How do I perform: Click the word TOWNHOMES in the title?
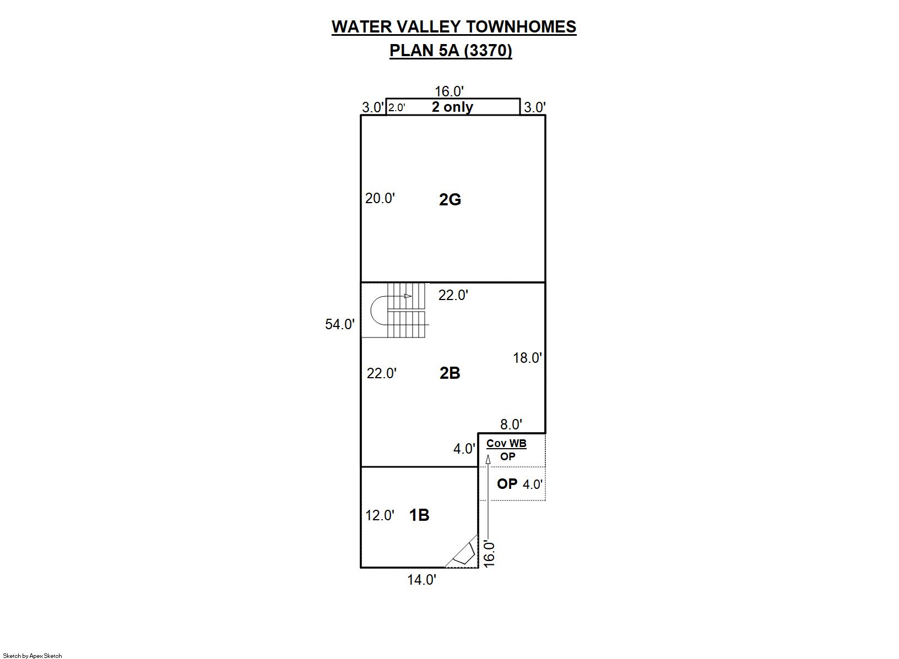[521, 27]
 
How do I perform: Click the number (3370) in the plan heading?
[490, 51]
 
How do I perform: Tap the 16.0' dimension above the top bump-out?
[450, 91]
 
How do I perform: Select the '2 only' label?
[452, 107]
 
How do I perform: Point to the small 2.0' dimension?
[397, 107]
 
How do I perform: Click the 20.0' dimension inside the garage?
[380, 198]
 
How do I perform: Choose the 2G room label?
[450, 199]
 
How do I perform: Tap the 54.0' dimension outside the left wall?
[340, 324]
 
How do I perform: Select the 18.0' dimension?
[527, 358]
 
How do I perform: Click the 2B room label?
[450, 373]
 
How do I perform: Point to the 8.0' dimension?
[511, 424]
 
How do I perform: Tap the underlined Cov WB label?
[506, 444]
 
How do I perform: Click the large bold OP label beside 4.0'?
[507, 484]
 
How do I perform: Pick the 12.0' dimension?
[380, 515]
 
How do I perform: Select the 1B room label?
[419, 515]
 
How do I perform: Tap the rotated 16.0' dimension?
[489, 554]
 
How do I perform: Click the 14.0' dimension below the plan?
[422, 580]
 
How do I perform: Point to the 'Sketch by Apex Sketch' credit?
[33, 656]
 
